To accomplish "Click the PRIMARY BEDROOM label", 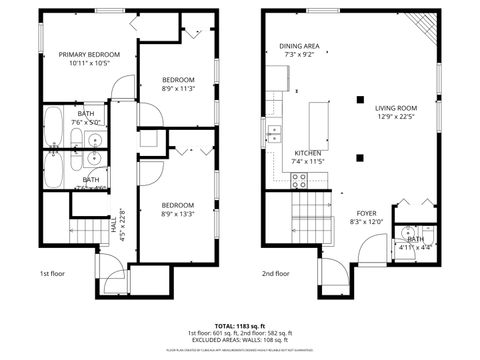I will [x=89, y=54].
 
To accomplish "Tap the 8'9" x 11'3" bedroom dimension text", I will [x=178, y=88].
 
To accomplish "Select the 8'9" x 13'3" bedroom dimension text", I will [x=177, y=212].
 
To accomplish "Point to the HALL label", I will [x=114, y=228].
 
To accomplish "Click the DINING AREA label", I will [x=299, y=46].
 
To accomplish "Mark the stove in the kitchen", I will [x=298, y=179].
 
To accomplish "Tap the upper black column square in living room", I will [x=360, y=99].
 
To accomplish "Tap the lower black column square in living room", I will [x=360, y=157].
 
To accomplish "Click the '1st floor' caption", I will [x=52, y=273].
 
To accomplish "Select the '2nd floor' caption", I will [x=275, y=273].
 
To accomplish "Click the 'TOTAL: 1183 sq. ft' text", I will [x=240, y=326].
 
